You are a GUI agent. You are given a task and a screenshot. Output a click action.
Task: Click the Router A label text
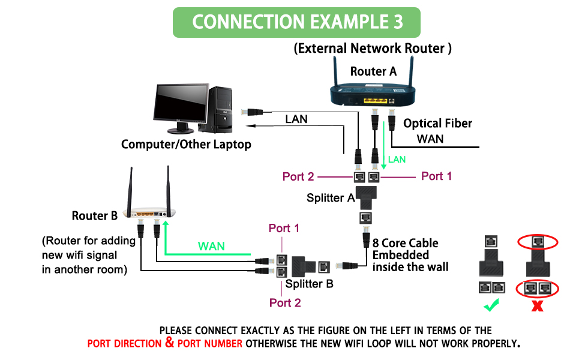(x=373, y=71)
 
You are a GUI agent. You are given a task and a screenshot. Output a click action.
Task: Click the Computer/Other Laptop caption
(x=186, y=145)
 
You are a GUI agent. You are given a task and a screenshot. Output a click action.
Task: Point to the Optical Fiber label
(x=437, y=124)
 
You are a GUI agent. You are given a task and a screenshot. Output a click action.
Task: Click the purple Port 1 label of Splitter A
(x=436, y=176)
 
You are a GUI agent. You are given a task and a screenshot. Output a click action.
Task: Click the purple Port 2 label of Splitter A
(x=298, y=176)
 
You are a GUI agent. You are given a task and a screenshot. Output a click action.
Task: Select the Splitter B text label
(x=309, y=284)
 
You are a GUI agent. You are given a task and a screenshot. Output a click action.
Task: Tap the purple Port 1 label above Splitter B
(x=284, y=228)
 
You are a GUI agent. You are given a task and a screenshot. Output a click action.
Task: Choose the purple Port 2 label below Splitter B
(x=285, y=302)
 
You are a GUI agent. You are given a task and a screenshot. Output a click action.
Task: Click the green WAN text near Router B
(x=211, y=246)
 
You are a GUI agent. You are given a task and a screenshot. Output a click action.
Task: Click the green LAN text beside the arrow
(x=397, y=160)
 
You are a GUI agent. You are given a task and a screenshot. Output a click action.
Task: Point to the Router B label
(x=94, y=215)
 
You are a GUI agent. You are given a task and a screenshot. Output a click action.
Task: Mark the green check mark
(x=492, y=306)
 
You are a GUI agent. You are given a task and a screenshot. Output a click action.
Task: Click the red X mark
(x=538, y=306)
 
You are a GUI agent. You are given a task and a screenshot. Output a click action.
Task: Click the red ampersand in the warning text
(x=170, y=343)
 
